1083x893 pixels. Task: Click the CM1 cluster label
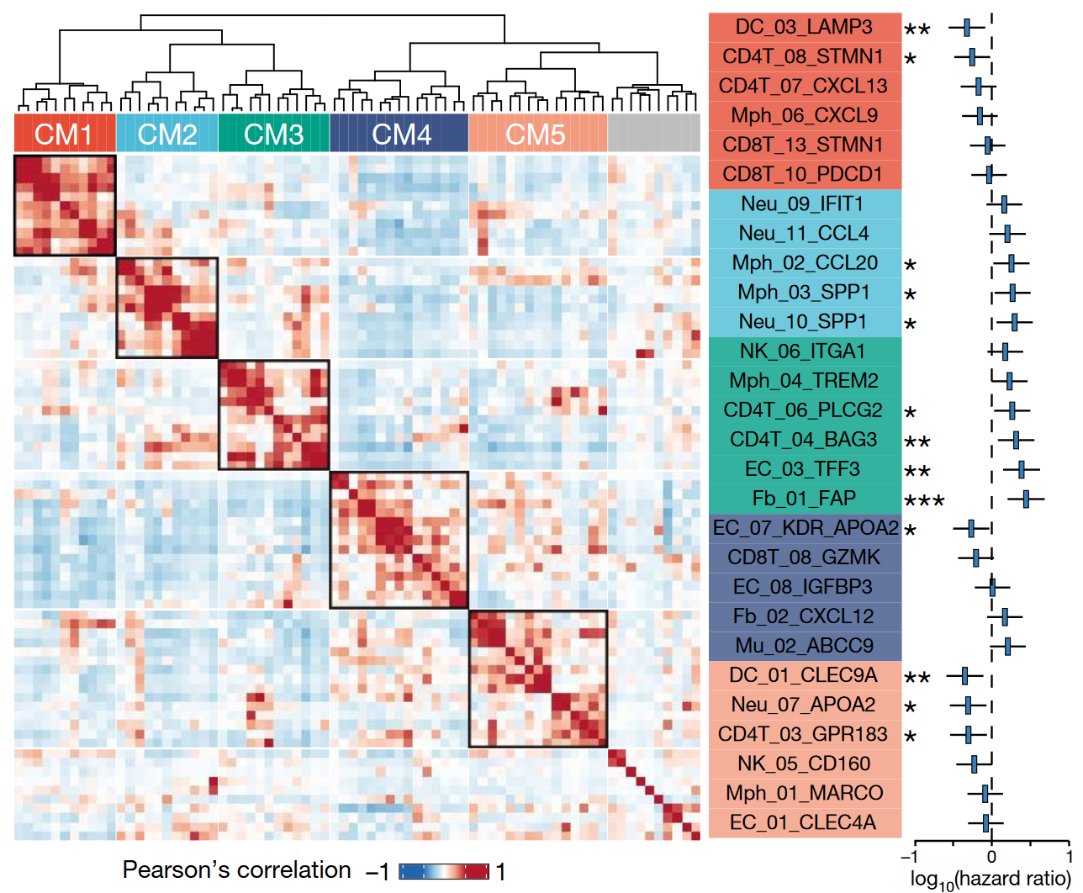(64, 134)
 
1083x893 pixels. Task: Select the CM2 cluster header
(166, 134)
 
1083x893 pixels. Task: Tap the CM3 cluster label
(273, 134)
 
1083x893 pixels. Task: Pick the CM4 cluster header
(400, 134)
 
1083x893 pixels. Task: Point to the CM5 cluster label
(536, 134)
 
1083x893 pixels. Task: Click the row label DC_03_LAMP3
(804, 27)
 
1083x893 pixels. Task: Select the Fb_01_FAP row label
(804, 499)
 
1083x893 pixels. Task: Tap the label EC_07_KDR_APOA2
(805, 528)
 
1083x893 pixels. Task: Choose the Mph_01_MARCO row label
(804, 793)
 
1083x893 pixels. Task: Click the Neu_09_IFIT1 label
(804, 203)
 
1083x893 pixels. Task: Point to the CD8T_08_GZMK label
(804, 557)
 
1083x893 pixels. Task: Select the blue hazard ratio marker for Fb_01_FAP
(1026, 499)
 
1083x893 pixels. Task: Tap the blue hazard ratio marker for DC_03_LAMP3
(967, 27)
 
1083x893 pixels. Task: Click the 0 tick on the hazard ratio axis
(992, 857)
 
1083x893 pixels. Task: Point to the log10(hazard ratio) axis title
(990, 879)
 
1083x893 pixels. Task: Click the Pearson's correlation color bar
(443, 871)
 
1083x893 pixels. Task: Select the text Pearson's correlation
(236, 869)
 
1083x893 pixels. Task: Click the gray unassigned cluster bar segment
(653, 134)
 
